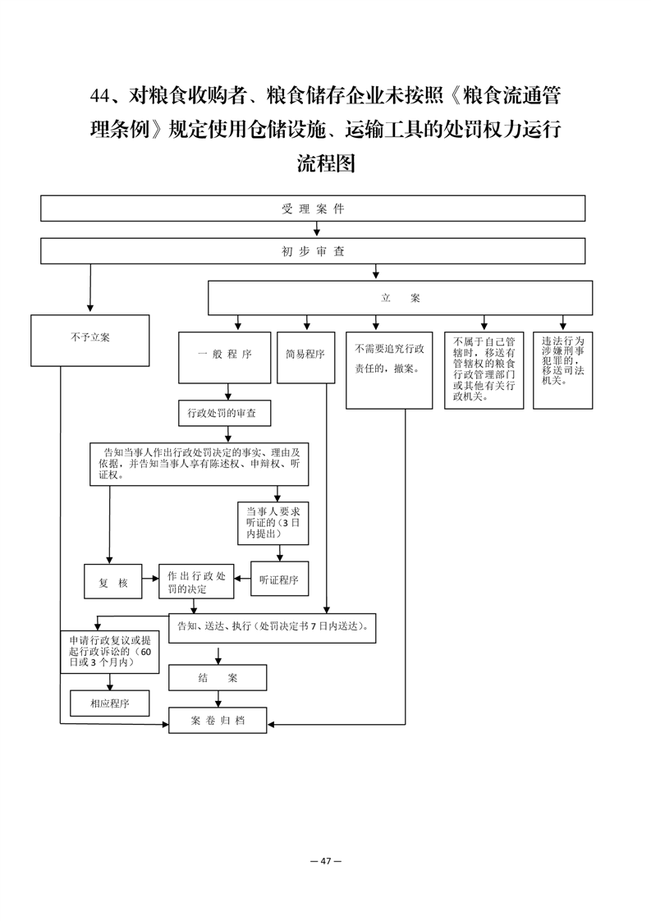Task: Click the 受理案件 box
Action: point(313,208)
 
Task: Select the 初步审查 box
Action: point(313,251)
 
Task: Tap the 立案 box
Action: point(400,298)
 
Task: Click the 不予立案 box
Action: point(90,341)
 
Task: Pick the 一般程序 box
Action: point(224,358)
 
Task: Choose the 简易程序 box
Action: point(305,358)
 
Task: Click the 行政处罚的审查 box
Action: point(225,414)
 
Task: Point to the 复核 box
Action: point(112,581)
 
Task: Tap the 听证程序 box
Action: point(280,580)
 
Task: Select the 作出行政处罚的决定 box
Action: point(196,581)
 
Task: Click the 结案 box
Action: point(218,677)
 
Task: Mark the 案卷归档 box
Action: point(218,720)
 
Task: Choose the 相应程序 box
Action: point(109,703)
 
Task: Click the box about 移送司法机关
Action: point(562,371)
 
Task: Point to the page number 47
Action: point(326,861)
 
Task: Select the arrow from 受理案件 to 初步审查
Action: point(317,230)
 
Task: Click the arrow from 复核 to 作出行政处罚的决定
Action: point(150,579)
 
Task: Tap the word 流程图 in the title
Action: point(326,163)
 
